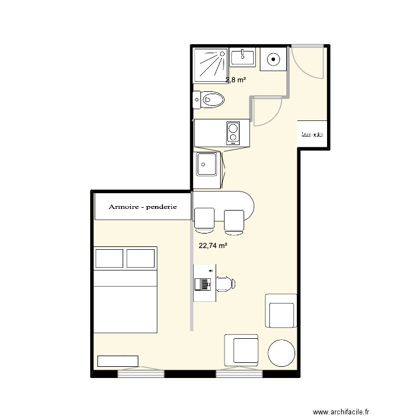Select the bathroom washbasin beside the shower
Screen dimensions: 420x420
tap(243, 57)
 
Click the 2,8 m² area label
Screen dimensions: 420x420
tap(236, 80)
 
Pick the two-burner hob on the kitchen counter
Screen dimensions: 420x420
tap(233, 133)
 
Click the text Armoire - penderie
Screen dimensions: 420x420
tap(143, 207)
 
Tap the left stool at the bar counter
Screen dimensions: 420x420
tap(204, 219)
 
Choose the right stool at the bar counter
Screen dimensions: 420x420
tap(234, 220)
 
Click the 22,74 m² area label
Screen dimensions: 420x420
tap(213, 245)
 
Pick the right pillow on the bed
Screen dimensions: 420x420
tap(141, 258)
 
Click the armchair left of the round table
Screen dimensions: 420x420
tap(242, 350)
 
